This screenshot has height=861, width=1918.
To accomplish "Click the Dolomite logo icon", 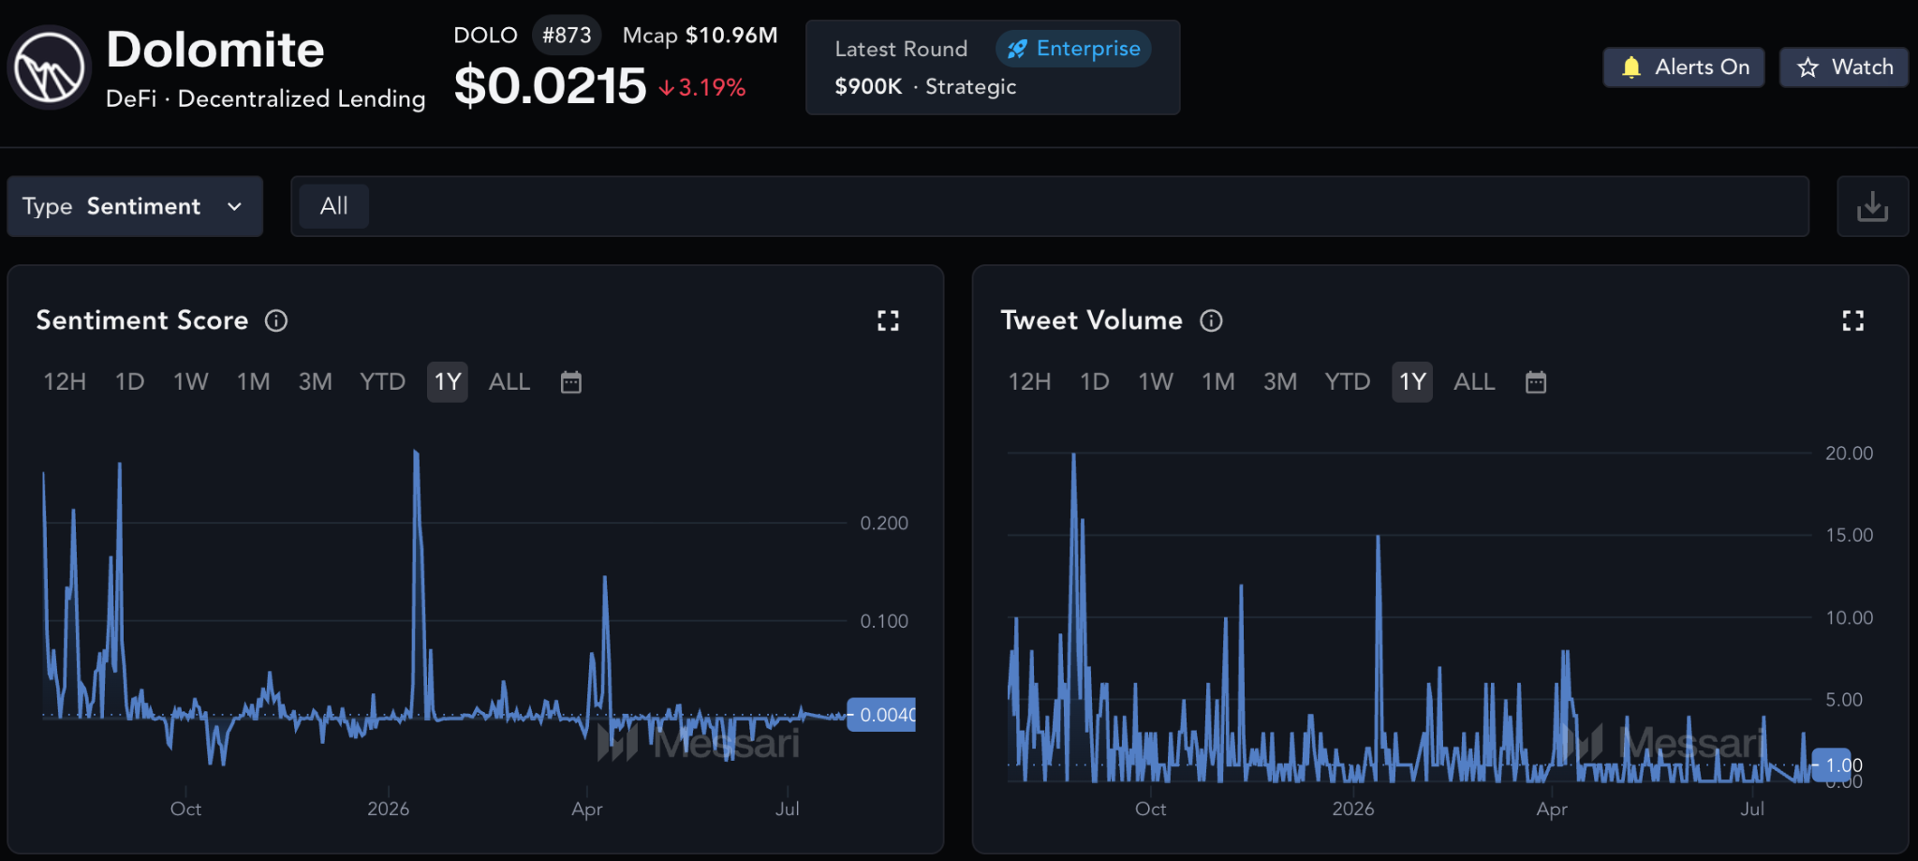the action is [x=49, y=67].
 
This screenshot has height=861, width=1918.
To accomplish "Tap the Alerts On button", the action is [x=1684, y=67].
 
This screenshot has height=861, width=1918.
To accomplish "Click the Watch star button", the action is [x=1844, y=67].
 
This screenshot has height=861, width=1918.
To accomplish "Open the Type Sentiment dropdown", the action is [x=135, y=206].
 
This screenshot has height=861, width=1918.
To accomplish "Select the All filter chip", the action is [x=334, y=206].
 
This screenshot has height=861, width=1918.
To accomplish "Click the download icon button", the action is [x=1872, y=206].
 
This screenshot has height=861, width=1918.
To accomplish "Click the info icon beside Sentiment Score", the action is [x=276, y=320].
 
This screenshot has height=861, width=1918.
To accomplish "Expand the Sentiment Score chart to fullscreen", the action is [x=888, y=321].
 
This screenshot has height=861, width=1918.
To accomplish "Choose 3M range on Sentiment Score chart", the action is [x=316, y=382].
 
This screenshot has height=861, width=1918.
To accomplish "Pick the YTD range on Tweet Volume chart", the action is [x=1348, y=382].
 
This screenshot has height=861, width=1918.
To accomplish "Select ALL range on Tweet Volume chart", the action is [x=1474, y=382].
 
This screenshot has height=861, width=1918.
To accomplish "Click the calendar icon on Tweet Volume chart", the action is [x=1536, y=382].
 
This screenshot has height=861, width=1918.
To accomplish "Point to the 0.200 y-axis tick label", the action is [x=884, y=523].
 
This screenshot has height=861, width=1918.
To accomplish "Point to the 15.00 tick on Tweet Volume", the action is [x=1850, y=535].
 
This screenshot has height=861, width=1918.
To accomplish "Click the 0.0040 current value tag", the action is [x=881, y=715].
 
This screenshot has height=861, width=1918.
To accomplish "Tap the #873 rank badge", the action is [x=567, y=36].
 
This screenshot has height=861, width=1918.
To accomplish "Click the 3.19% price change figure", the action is [x=712, y=88].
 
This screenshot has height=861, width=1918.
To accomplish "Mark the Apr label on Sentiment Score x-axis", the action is [x=587, y=809].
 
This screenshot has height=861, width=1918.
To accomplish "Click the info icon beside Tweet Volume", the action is [x=1212, y=320].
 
